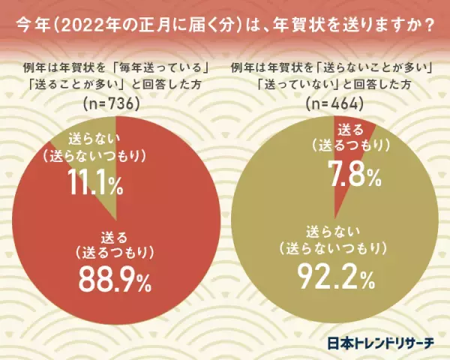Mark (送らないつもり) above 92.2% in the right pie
coord(333,247)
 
